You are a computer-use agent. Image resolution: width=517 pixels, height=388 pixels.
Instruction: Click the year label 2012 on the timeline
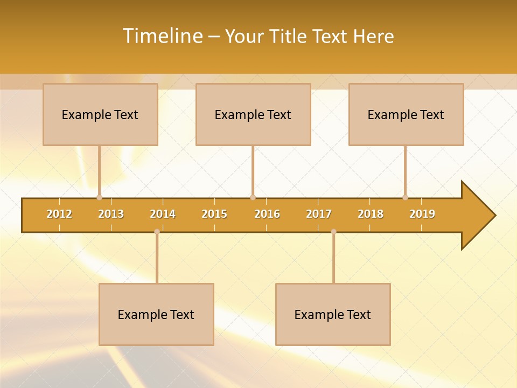(59, 214)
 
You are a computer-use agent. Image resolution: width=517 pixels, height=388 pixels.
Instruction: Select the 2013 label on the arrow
(111, 214)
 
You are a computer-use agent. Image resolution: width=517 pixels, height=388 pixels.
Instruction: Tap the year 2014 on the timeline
(163, 214)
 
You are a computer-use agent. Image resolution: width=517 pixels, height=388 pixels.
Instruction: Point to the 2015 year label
(214, 214)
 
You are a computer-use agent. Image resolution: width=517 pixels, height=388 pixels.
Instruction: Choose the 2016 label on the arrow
(267, 214)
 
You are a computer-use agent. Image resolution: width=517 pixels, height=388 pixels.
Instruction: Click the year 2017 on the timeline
(319, 214)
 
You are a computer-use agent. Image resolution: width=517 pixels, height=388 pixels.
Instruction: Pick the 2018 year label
(371, 214)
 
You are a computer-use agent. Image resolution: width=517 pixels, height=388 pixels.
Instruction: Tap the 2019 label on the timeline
(422, 214)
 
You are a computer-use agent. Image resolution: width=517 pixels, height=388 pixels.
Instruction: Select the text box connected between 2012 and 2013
(100, 114)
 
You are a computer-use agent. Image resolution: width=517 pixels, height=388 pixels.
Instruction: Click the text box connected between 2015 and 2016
(253, 114)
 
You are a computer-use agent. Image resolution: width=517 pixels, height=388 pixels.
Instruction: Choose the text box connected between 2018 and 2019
(406, 114)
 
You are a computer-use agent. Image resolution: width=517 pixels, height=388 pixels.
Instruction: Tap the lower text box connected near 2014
(156, 314)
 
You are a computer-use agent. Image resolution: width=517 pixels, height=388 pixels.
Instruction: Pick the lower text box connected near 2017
(333, 314)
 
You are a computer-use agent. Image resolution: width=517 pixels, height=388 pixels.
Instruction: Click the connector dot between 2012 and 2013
(99, 197)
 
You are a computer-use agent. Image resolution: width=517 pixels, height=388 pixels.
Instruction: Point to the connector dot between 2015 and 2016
(253, 197)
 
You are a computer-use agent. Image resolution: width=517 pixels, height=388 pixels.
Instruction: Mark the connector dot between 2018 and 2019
(405, 197)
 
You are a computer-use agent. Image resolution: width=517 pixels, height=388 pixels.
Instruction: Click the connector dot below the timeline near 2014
(157, 231)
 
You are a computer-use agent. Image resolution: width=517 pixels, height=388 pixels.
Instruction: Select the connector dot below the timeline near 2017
(333, 231)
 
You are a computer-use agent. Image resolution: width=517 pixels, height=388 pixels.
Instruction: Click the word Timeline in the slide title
(163, 36)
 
